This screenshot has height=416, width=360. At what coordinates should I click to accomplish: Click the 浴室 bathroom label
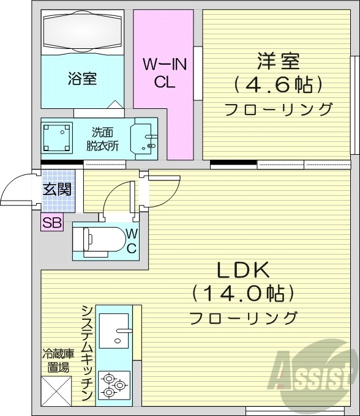(x=82, y=79)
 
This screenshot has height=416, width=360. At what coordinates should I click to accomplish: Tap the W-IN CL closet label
(x=165, y=73)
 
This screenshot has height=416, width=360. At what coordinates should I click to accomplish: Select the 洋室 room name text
(x=278, y=62)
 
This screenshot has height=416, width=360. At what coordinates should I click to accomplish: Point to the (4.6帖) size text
(x=278, y=84)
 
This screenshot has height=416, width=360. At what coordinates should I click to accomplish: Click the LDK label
(x=241, y=271)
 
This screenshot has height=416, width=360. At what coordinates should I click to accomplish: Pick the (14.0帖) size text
(x=241, y=294)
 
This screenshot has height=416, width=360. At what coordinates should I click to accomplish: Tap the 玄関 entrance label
(x=56, y=188)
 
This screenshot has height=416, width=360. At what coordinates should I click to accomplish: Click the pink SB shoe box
(x=52, y=223)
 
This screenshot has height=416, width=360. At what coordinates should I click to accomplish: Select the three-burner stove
(x=114, y=386)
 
